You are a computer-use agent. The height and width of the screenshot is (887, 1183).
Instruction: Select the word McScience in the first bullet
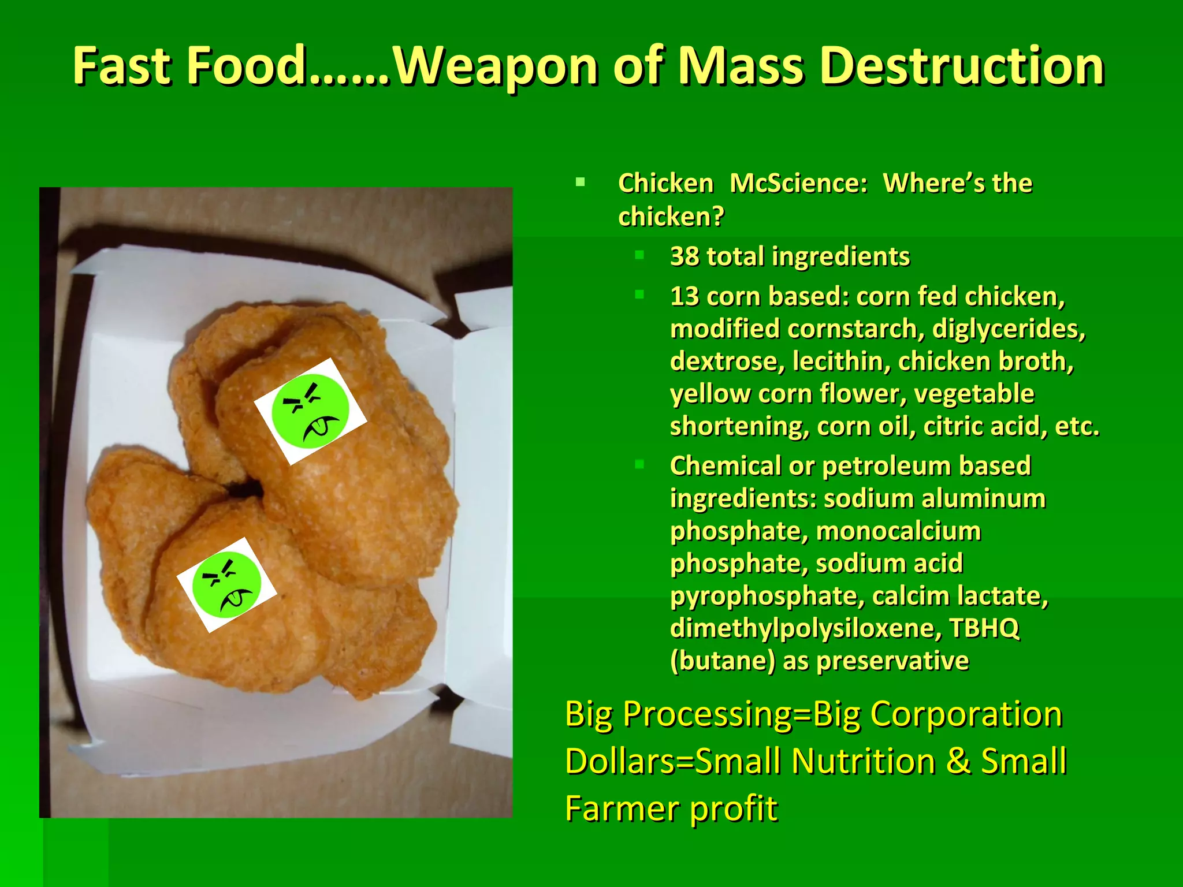(799, 184)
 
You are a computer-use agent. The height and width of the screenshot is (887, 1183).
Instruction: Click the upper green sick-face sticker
(311, 411)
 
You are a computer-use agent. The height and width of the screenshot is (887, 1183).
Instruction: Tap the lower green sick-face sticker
(226, 584)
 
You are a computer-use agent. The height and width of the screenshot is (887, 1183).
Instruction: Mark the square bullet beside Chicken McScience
(580, 183)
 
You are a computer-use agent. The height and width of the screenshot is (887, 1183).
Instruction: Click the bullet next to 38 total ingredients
(639, 255)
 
